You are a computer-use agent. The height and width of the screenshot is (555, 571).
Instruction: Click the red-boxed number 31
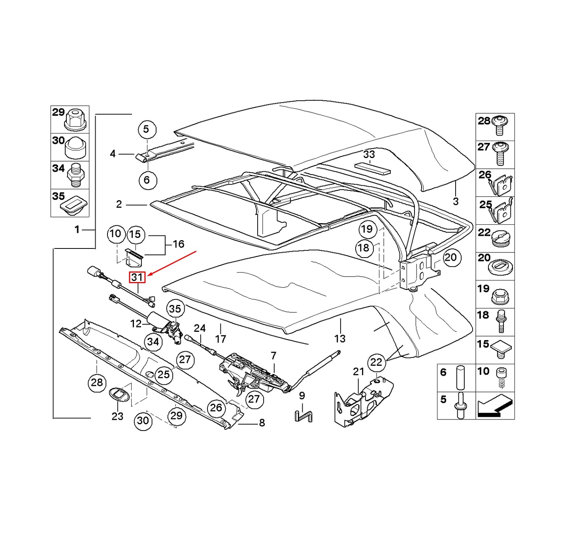[x=138, y=277]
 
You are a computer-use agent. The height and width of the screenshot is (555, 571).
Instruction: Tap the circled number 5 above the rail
[x=147, y=129]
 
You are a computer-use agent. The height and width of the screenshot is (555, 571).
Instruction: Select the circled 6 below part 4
[x=147, y=180]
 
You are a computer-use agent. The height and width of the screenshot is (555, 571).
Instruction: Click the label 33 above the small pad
[x=369, y=154]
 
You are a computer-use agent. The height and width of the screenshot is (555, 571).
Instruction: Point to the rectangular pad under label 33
[x=372, y=168]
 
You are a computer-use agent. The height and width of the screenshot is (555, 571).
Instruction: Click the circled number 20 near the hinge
[x=450, y=258]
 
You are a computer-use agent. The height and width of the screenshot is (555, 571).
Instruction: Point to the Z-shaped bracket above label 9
[x=303, y=416]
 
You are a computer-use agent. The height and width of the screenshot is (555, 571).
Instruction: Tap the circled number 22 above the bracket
[x=376, y=362]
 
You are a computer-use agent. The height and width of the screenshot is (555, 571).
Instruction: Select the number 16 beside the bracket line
[x=178, y=244]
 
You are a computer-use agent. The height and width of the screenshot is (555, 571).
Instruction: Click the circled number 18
[x=364, y=248]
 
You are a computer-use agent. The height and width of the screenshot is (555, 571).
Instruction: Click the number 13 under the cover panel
[x=339, y=339]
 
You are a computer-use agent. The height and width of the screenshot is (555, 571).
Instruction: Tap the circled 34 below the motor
[x=153, y=342]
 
